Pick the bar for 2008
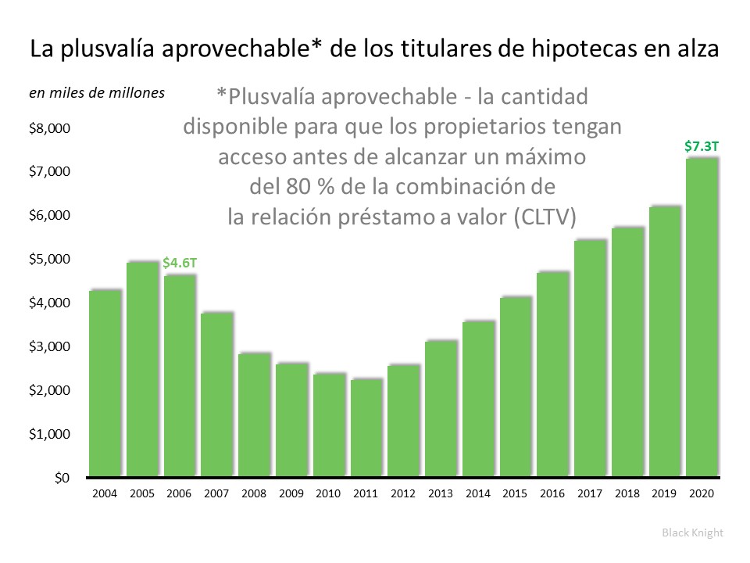(254, 414)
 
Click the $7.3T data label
(702, 145)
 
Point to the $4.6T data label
(180, 264)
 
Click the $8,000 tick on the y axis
(49, 128)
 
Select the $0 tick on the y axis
(61, 477)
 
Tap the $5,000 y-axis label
(49, 259)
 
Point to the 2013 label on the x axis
(440, 493)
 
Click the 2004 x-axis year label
(105, 493)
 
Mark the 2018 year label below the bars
(627, 493)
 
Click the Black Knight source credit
(692, 533)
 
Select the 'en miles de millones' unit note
(97, 93)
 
